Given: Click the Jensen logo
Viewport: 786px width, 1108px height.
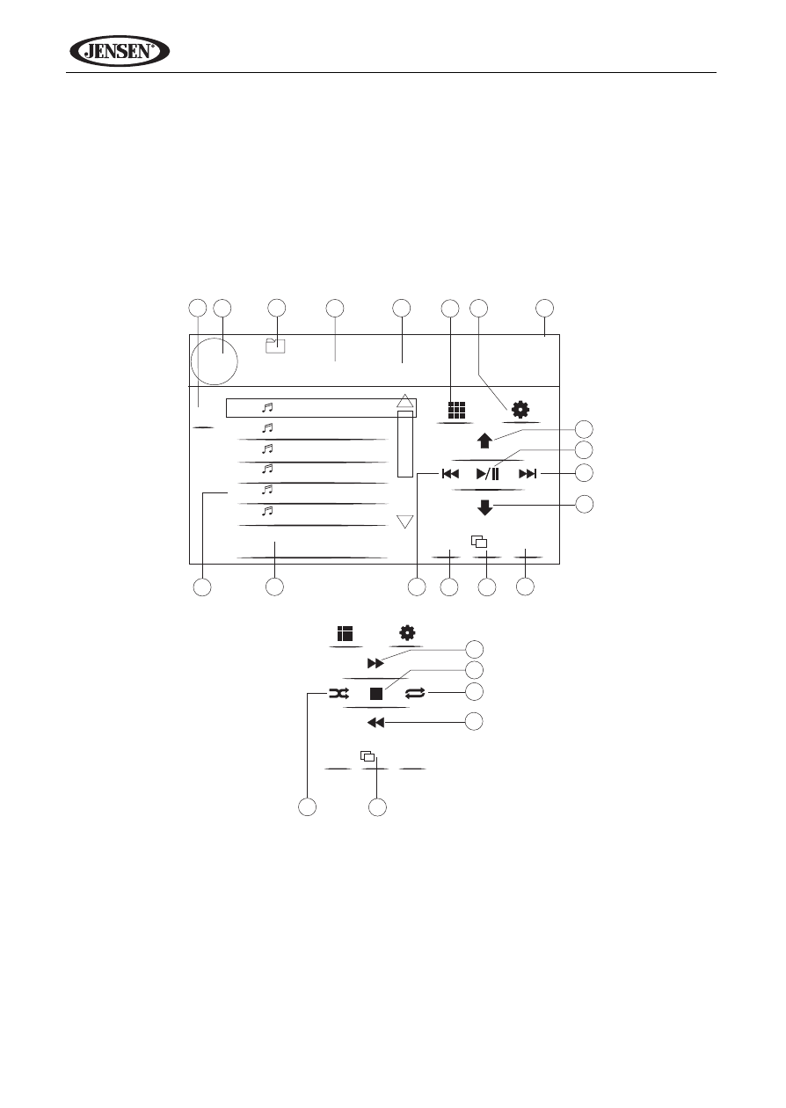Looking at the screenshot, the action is coord(120,51).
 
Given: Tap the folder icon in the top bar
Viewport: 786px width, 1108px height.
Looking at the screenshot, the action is coord(275,346).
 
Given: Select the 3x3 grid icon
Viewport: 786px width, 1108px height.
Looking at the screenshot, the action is coord(456,410).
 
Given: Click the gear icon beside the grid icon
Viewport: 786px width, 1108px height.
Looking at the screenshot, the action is coord(520,410).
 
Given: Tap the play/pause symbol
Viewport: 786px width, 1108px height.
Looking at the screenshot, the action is coord(488,474).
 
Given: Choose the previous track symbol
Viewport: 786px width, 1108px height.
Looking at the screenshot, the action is coord(450,474).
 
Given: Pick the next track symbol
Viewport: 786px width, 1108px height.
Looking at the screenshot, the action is coord(528,474).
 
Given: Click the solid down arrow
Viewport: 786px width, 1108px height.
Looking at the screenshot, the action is coord(484,507).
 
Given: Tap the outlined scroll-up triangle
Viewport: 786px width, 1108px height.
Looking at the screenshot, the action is coord(405,401).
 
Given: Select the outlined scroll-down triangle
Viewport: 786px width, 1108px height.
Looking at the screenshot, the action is coord(405,521).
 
